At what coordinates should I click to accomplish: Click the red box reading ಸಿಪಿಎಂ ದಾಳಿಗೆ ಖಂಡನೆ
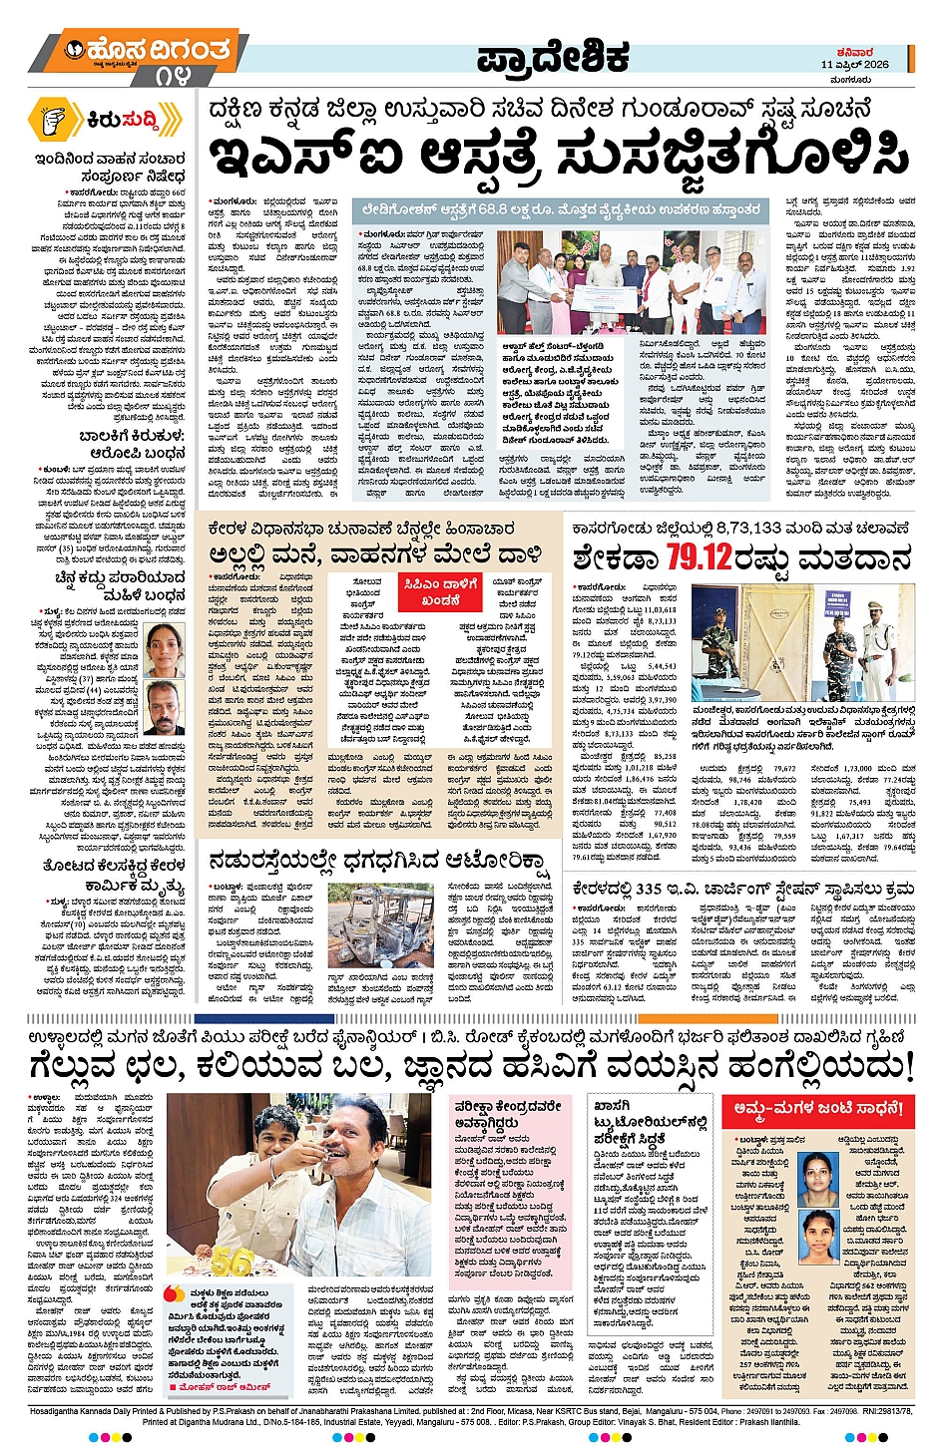click(440, 590)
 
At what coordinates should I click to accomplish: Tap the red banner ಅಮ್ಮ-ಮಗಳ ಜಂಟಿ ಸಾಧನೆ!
click(818, 1109)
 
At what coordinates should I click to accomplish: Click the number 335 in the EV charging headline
click(649, 888)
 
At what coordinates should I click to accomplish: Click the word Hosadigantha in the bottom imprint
click(60, 1412)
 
